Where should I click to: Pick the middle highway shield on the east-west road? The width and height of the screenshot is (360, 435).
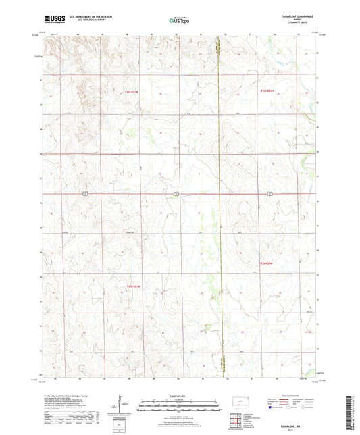[175, 193]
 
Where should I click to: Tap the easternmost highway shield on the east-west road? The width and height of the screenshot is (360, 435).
[269, 193]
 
